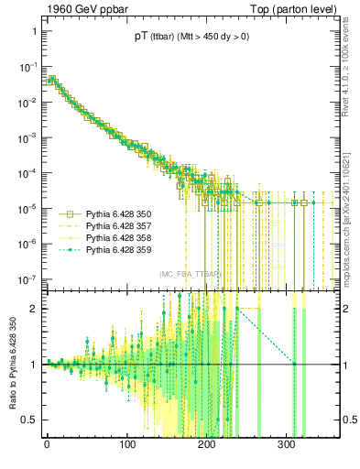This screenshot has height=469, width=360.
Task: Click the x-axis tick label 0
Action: pos(48,448)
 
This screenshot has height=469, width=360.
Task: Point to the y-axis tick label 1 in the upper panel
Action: pos(33,30)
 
